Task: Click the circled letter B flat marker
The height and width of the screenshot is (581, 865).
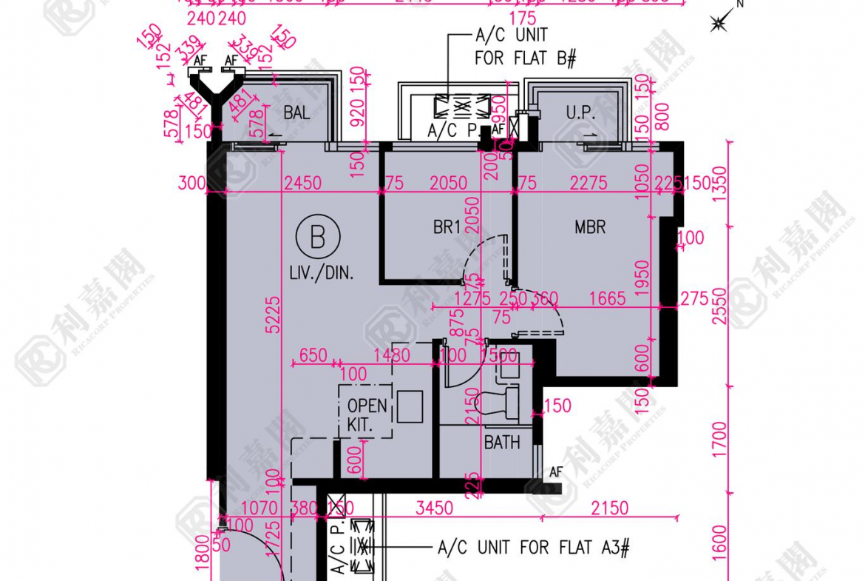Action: (318, 238)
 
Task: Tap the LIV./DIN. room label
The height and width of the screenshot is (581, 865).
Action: (322, 273)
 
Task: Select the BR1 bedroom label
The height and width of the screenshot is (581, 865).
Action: (447, 227)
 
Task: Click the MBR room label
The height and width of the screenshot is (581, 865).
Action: (590, 226)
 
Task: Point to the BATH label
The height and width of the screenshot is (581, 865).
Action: (502, 443)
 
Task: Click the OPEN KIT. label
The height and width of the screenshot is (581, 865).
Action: (367, 414)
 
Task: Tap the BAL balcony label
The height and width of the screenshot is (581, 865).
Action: (296, 113)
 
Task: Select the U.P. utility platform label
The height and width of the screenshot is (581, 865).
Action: (581, 113)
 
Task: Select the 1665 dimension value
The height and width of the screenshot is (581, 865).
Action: (607, 299)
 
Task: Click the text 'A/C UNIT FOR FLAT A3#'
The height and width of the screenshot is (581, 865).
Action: (533, 548)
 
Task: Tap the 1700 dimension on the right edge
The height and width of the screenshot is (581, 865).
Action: (721, 440)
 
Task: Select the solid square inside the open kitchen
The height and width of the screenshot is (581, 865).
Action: (410, 406)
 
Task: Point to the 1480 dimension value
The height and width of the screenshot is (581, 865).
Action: (391, 355)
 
